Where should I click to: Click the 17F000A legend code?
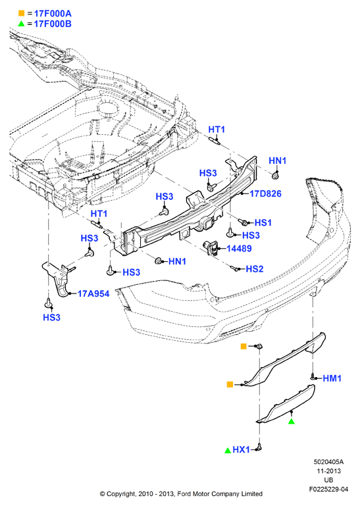53,14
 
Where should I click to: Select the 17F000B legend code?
53,24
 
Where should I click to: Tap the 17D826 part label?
265,193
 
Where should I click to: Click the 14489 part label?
239,249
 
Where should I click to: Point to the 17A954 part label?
93,294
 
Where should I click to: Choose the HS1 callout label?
263,222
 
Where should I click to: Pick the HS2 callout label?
254,269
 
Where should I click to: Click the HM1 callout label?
332,378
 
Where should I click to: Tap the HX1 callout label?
241,449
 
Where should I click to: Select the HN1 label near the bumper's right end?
277,161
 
